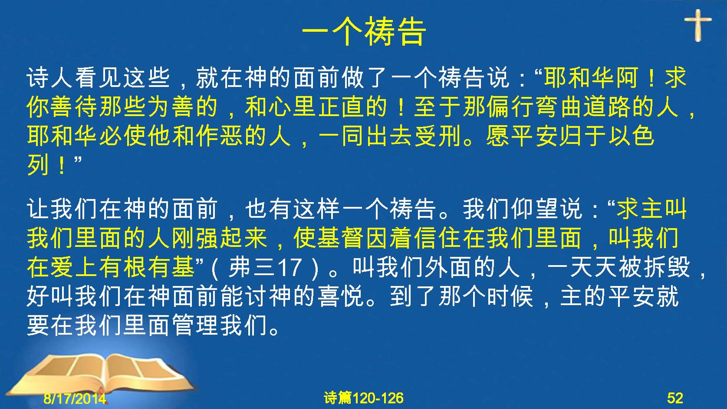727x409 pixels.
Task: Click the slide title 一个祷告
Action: coord(364,32)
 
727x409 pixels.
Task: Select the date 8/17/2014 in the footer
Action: coord(75,398)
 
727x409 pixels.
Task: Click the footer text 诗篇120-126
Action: coord(364,398)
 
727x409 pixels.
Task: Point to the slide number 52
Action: coord(675,398)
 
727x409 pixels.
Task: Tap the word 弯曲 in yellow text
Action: coord(559,107)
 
